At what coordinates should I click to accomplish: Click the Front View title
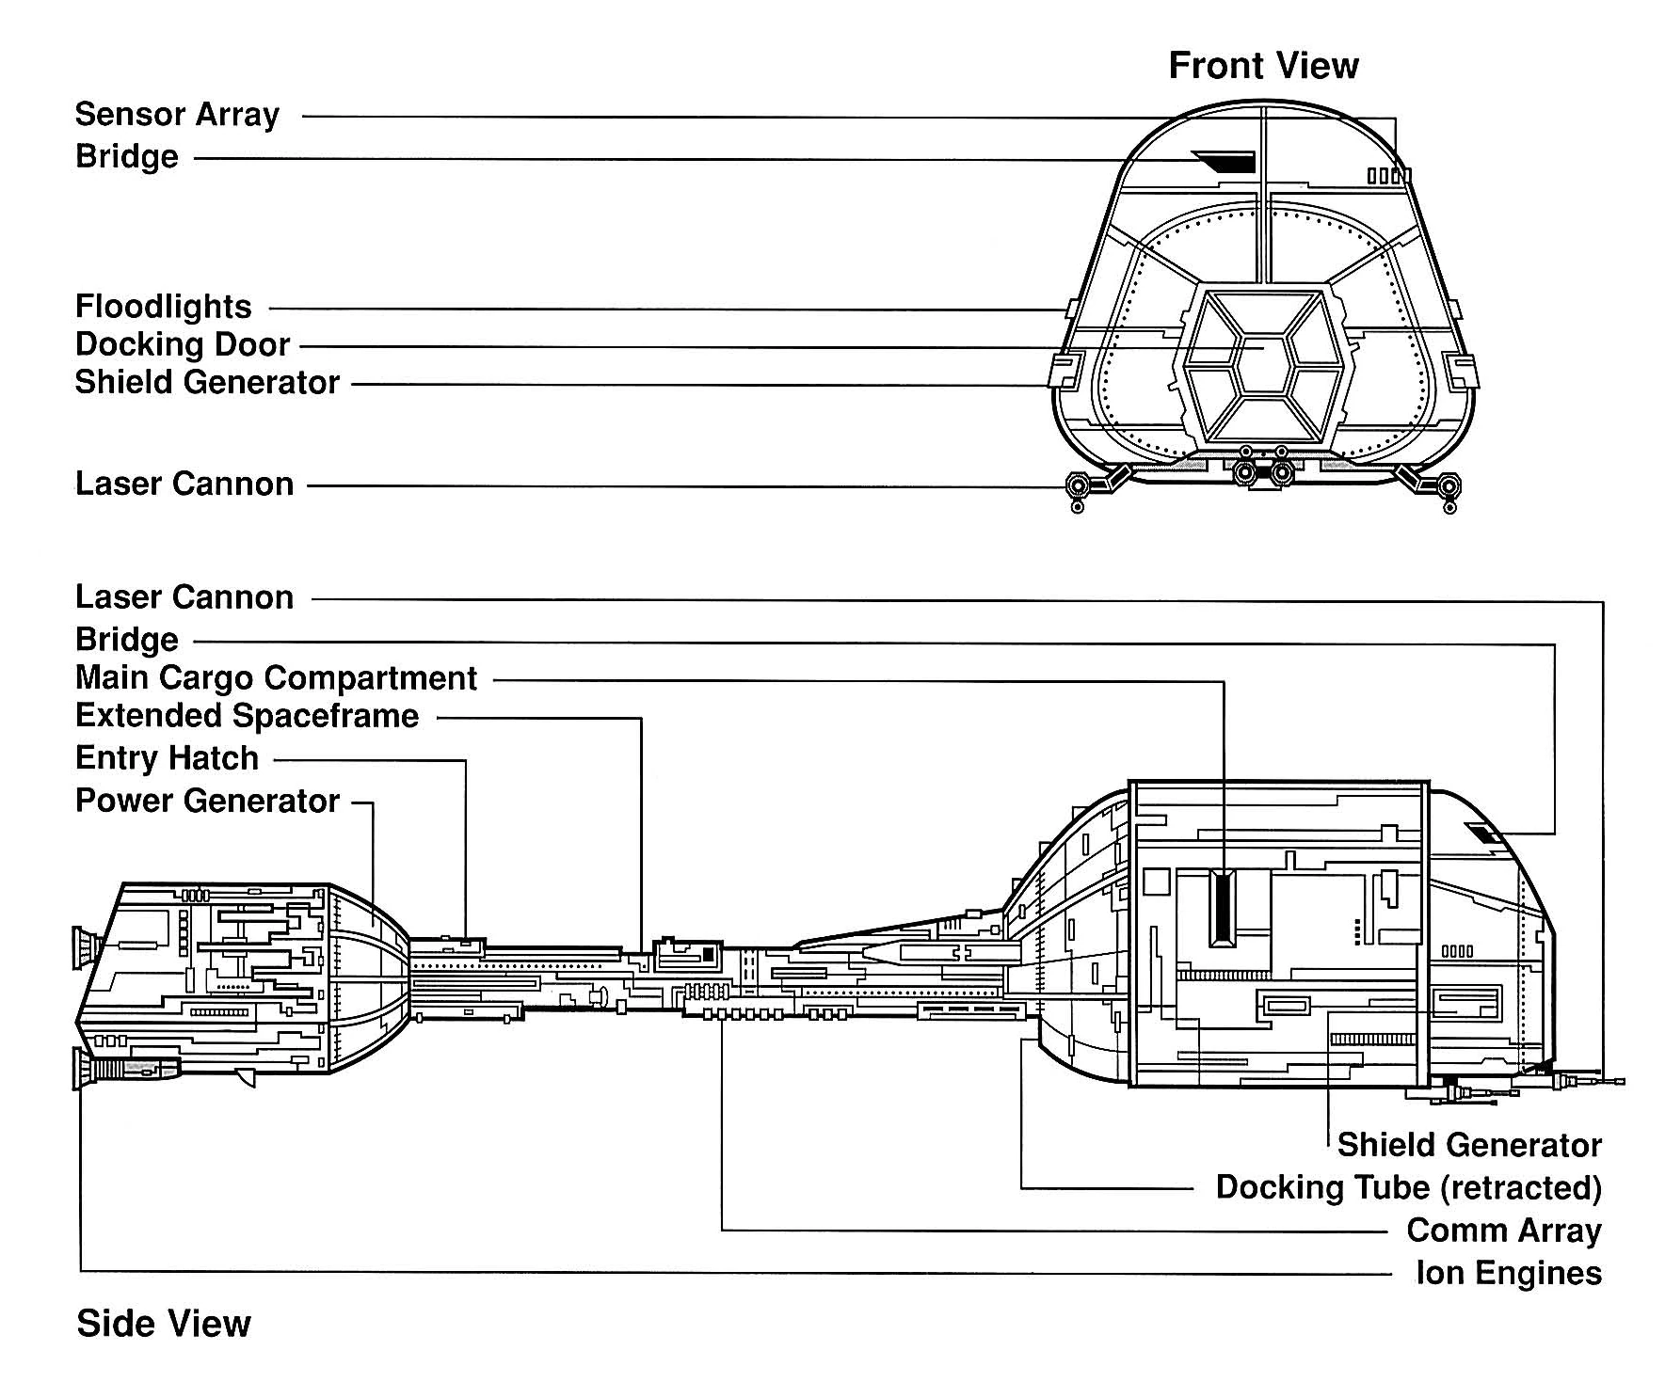pyautogui.click(x=1263, y=66)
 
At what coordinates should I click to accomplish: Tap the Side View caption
pyautogui.click(x=164, y=1323)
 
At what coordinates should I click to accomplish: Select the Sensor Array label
pyautogui.click(x=177, y=115)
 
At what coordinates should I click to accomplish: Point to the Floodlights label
pyautogui.click(x=164, y=307)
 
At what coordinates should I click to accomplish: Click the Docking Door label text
pyautogui.click(x=183, y=344)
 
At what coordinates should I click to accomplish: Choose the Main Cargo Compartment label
pyautogui.click(x=277, y=677)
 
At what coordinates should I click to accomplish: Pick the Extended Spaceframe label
pyautogui.click(x=247, y=716)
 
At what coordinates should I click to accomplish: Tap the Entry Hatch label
pyautogui.click(x=167, y=758)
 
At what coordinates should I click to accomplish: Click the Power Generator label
pyautogui.click(x=207, y=801)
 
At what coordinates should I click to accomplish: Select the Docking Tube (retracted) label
pyautogui.click(x=1408, y=1187)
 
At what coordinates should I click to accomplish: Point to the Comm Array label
pyautogui.click(x=1503, y=1231)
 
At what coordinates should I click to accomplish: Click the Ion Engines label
pyautogui.click(x=1508, y=1273)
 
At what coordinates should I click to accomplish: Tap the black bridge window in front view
pyautogui.click(x=1227, y=162)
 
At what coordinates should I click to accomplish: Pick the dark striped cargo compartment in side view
pyautogui.click(x=1222, y=908)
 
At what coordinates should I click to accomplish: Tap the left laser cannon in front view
pyautogui.click(x=1077, y=487)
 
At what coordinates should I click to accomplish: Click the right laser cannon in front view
pyautogui.click(x=1449, y=487)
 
